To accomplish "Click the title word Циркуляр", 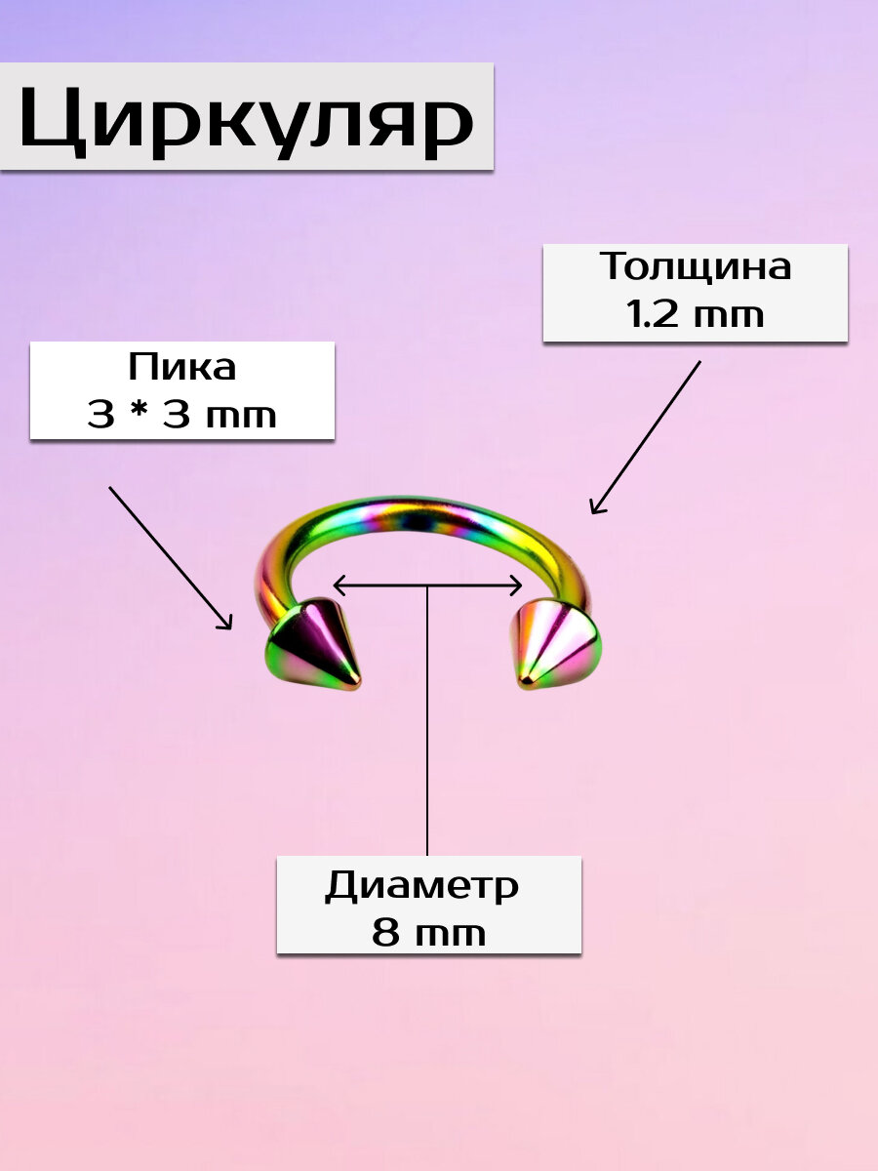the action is tap(246, 119).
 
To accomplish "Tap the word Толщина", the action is tap(695, 266).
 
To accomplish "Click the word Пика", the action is tap(182, 368).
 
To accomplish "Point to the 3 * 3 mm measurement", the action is tap(182, 416).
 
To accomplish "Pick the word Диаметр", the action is tap(421, 886).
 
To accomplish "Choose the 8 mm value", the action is tap(428, 934).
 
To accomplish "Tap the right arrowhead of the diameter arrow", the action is tap(518, 585).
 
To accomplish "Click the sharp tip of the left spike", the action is tap(357, 685).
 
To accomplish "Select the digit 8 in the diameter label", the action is tap(384, 934).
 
